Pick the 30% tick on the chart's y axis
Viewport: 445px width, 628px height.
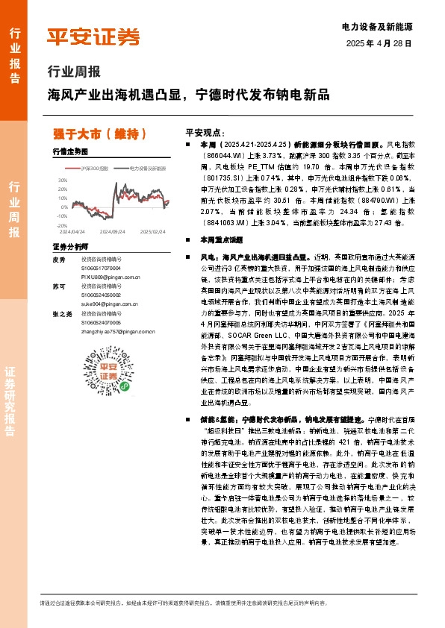pos(62,180)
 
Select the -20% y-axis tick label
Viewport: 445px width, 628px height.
pos(61,224)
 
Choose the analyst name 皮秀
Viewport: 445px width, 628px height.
pos(60,260)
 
